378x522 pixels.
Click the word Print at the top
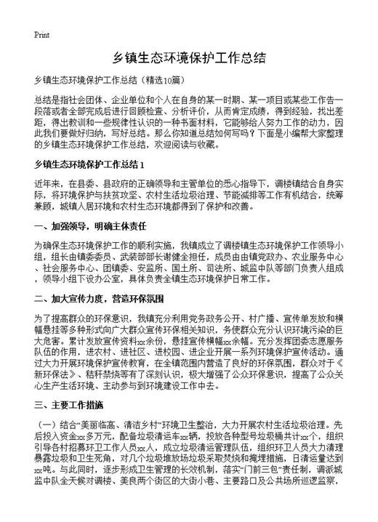pyautogui.click(x=41, y=34)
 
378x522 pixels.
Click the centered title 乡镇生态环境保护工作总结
pyautogui.click(x=188, y=57)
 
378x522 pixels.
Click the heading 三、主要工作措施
pyautogui.click(x=68, y=404)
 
